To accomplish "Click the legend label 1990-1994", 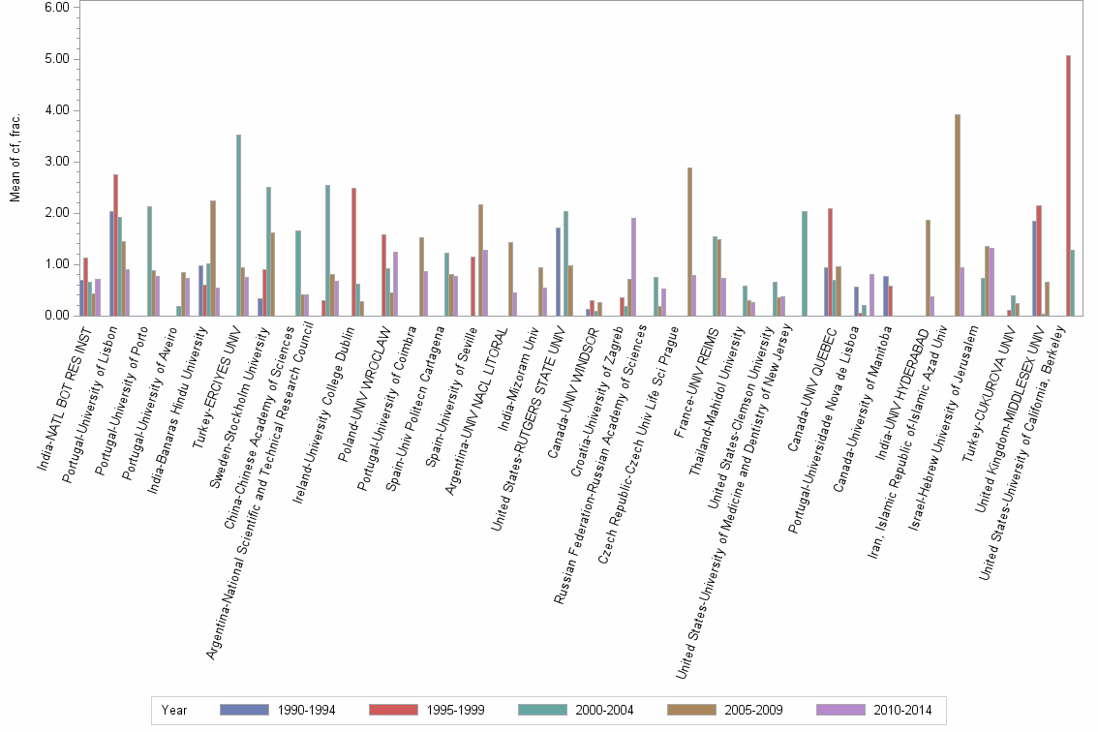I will coord(305,710).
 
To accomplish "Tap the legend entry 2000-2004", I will coord(603,710).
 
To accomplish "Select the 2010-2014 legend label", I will coord(901,710).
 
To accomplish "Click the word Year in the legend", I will coord(175,710).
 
